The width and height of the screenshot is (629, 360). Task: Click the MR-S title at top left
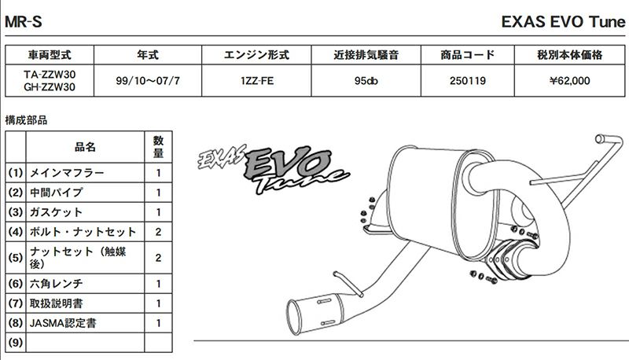pyautogui.click(x=24, y=22)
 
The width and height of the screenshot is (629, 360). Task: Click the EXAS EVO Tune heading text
pyautogui.click(x=563, y=22)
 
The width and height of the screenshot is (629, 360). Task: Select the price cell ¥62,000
pyautogui.click(x=569, y=81)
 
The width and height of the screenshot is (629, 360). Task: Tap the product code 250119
pyautogui.click(x=467, y=81)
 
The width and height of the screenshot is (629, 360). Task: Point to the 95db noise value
pyautogui.click(x=366, y=81)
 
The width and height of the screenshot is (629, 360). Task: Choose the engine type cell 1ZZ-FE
pyautogui.click(x=257, y=81)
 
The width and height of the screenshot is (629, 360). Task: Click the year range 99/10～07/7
pyautogui.click(x=148, y=81)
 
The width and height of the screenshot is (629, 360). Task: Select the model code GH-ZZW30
pyautogui.click(x=50, y=87)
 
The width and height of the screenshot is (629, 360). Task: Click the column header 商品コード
pyautogui.click(x=467, y=54)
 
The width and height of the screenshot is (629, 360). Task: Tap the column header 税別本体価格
pyautogui.click(x=569, y=54)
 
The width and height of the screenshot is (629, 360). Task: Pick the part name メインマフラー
pyautogui.click(x=67, y=173)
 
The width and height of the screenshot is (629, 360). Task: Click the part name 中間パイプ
pyautogui.click(x=56, y=193)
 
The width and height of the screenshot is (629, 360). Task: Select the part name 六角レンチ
pyautogui.click(x=56, y=284)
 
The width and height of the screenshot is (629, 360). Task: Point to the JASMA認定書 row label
pyautogui.click(x=63, y=323)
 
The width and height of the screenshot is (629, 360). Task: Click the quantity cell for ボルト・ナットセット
pyautogui.click(x=158, y=232)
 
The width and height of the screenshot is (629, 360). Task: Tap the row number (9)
pyautogui.click(x=15, y=343)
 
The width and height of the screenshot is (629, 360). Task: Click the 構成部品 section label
pyautogui.click(x=26, y=119)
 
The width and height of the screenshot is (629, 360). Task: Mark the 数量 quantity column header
pyautogui.click(x=158, y=147)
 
